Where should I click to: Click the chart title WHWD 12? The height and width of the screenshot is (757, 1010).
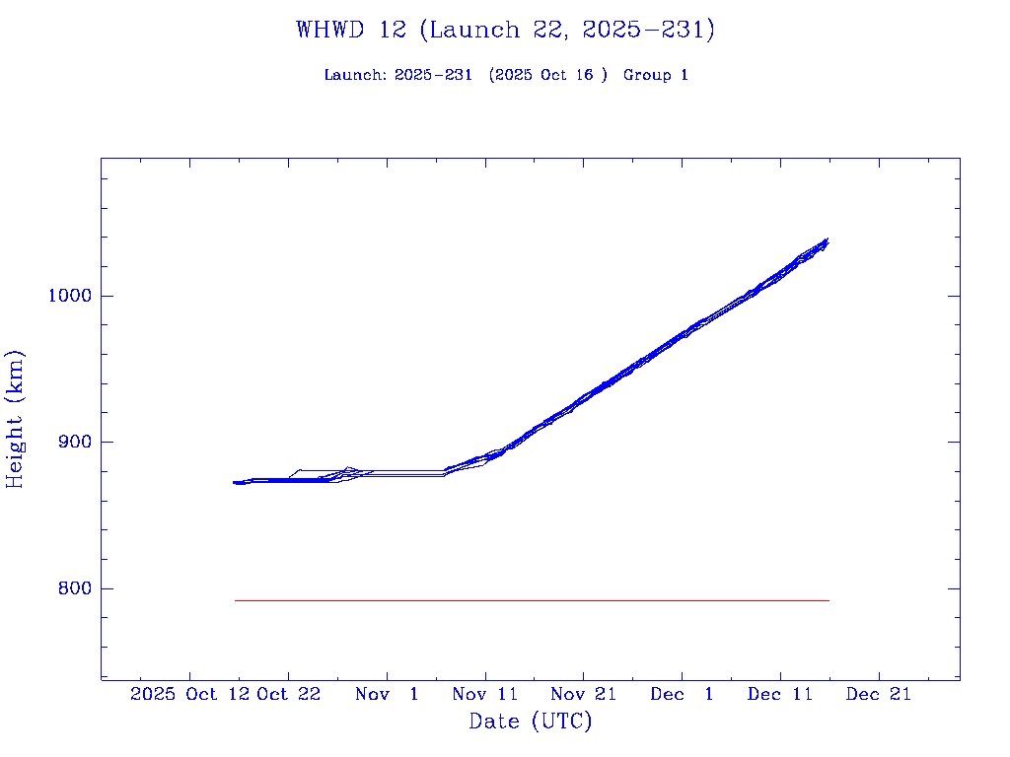[505, 30]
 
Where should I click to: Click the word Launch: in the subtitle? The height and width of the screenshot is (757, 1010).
[356, 75]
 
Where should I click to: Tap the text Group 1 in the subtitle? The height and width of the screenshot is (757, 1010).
[656, 75]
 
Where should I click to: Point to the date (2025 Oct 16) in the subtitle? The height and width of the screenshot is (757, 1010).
[548, 75]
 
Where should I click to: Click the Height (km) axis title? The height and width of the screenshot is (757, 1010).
[16, 419]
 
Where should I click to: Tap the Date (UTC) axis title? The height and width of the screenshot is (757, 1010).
[531, 722]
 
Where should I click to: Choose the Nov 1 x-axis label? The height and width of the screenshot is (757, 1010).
[387, 695]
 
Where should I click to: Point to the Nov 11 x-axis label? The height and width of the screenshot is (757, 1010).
[485, 695]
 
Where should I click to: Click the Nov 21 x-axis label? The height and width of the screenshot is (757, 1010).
[584, 695]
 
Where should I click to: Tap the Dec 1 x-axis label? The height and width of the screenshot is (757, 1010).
[682, 695]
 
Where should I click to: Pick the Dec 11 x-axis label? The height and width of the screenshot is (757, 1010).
[780, 695]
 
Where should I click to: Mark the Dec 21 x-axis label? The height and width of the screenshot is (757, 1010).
[879, 695]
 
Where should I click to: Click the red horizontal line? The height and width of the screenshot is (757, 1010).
[533, 600]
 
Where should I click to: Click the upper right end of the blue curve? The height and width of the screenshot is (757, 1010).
[826, 241]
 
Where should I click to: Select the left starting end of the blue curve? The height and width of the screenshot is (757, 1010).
[236, 482]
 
